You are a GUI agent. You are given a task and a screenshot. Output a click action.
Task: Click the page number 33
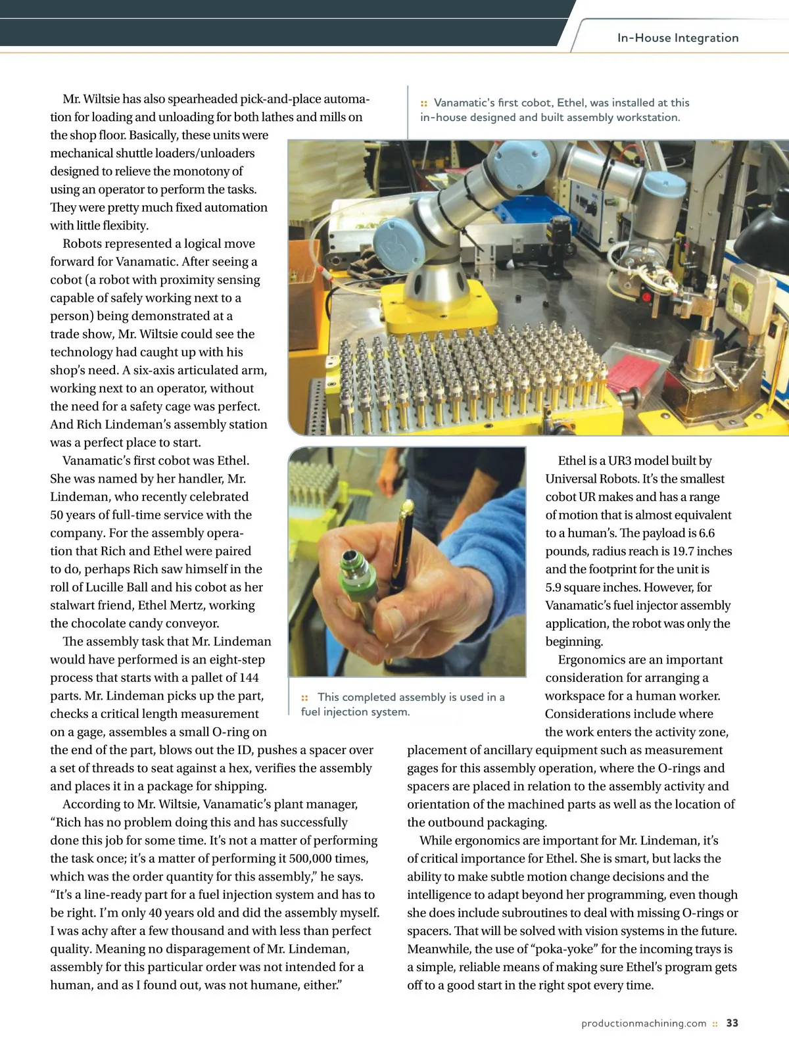[732, 1023]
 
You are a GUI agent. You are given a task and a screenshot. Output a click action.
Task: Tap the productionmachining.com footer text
[644, 1023]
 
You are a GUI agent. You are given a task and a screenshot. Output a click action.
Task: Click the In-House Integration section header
[677, 38]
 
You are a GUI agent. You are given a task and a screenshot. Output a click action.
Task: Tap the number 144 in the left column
[249, 677]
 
